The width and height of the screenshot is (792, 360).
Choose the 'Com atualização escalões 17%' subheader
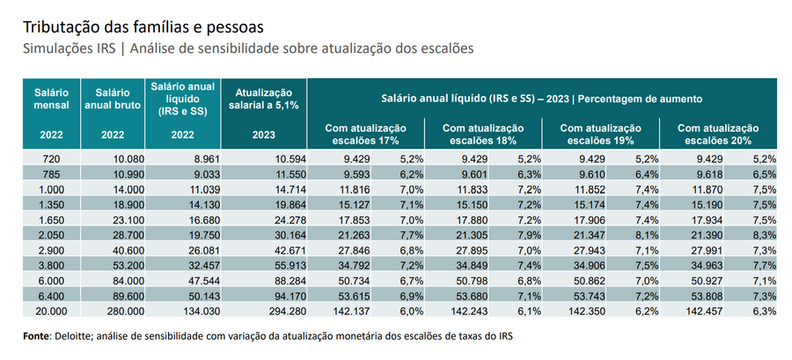coord(365,134)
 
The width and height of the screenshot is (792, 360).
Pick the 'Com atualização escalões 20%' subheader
coord(717,134)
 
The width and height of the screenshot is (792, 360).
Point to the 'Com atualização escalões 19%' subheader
coord(600,134)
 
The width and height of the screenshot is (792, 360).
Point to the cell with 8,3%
coord(764,233)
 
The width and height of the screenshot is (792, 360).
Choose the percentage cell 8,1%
coord(646,233)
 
